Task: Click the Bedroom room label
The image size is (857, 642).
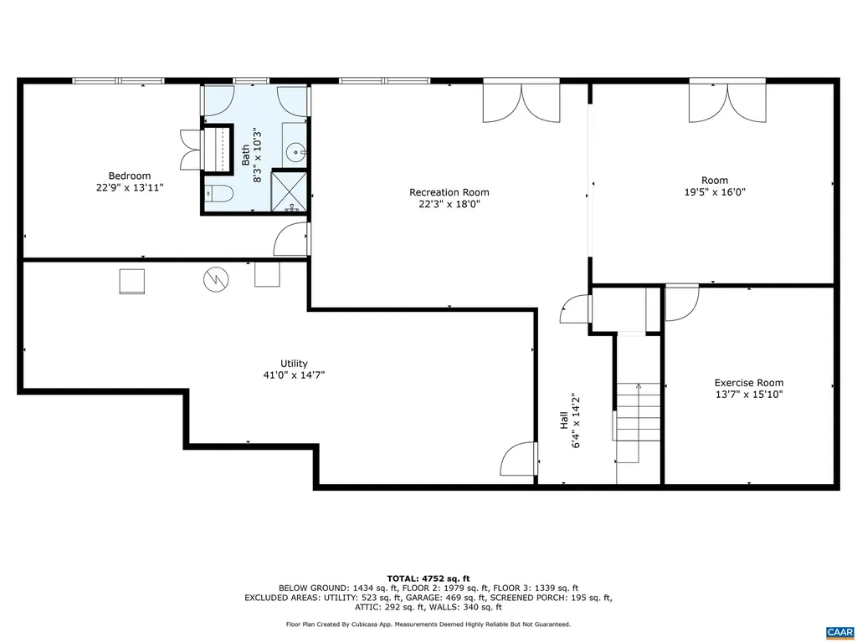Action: click(129, 176)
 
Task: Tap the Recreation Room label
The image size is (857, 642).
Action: click(449, 192)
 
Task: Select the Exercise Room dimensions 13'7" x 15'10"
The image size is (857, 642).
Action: click(749, 395)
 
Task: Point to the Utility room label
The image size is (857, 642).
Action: click(294, 364)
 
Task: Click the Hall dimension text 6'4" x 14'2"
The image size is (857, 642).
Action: click(576, 422)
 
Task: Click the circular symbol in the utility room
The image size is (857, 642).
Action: click(215, 278)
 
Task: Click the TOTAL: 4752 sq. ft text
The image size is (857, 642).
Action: click(428, 578)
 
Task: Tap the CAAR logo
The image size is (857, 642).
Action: click(838, 631)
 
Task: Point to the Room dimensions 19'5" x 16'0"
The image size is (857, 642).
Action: click(715, 191)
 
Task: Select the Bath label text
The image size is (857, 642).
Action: click(245, 155)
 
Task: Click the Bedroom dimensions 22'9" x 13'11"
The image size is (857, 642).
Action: click(129, 188)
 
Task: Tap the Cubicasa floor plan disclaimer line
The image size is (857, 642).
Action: click(428, 624)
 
